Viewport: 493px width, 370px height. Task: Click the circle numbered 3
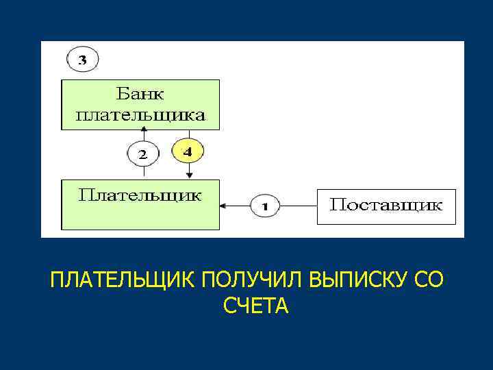tap(82, 60)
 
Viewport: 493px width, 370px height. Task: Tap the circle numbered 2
tap(142, 154)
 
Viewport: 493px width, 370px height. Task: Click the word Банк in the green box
tap(141, 93)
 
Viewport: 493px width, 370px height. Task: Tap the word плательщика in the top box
tap(140, 115)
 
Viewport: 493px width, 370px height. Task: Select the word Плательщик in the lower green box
tap(140, 195)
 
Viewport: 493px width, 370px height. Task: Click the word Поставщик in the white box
tap(386, 205)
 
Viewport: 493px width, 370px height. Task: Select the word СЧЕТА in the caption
tap(255, 306)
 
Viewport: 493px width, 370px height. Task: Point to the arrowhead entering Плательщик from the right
tap(223, 205)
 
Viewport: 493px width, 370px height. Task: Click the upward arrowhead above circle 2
tap(134, 133)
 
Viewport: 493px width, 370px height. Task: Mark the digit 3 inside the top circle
tap(82, 60)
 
